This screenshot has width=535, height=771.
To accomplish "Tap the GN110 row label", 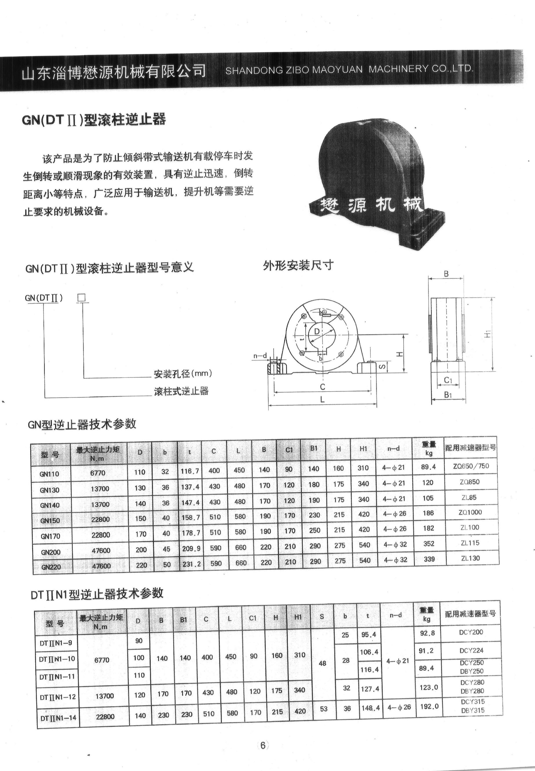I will click(49, 474).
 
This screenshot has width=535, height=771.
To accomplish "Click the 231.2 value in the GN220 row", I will click(191, 564).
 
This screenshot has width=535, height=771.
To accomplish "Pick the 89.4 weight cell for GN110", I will click(428, 467).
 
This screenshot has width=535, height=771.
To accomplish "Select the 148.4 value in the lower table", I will click(371, 708).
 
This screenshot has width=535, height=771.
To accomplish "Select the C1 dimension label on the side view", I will click(448, 380).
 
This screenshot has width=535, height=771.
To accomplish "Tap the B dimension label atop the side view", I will click(446, 274).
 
